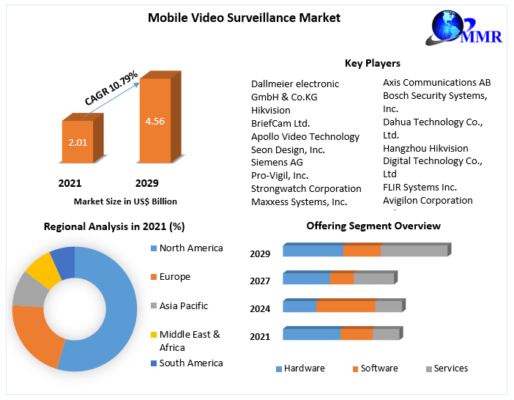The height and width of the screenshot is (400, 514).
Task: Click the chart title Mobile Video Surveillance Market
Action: [244, 17]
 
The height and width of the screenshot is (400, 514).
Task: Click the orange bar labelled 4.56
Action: [155, 120]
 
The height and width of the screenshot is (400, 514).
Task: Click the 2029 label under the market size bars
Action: [146, 182]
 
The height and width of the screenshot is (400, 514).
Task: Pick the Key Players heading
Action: [372, 63]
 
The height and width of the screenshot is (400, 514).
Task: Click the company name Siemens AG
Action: [277, 162]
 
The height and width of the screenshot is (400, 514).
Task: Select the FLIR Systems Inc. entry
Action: [420, 187]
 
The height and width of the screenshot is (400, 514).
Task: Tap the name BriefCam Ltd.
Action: [280, 123]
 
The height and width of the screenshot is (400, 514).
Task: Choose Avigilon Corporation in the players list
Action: [428, 200]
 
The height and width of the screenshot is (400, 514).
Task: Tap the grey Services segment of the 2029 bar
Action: [413, 251]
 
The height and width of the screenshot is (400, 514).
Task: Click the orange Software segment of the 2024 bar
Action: [345, 306]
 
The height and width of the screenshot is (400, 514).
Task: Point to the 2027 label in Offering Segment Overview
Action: [260, 281]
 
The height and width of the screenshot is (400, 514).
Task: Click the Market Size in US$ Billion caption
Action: [125, 201]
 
